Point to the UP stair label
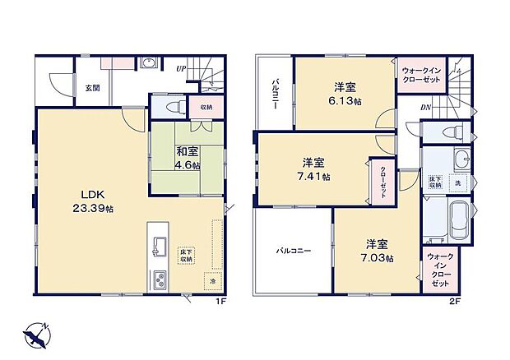click(179, 68)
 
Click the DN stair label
click(426, 108)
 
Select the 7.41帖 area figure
click(316, 176)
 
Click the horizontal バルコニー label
click(293, 250)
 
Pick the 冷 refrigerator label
click(212, 282)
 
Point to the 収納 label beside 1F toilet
click(205, 107)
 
